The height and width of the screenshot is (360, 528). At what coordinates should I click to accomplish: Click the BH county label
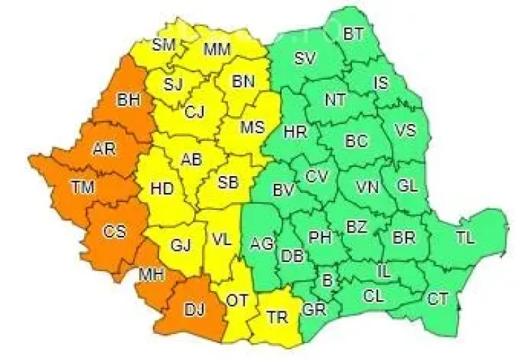pyautogui.click(x=129, y=100)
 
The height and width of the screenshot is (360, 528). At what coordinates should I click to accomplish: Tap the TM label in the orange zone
pyautogui.click(x=83, y=185)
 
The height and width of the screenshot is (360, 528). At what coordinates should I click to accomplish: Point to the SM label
pyautogui.click(x=163, y=44)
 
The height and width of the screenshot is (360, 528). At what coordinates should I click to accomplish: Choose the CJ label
pyautogui.click(x=195, y=111)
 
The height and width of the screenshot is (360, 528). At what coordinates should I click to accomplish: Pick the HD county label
pyautogui.click(x=163, y=188)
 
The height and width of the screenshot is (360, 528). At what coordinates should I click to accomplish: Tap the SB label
pyautogui.click(x=227, y=182)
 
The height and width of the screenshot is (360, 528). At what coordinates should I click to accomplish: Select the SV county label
pyautogui.click(x=305, y=58)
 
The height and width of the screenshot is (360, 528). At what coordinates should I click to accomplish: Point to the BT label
pyautogui.click(x=353, y=33)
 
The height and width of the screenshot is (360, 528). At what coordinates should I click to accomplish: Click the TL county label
pyautogui.click(x=465, y=238)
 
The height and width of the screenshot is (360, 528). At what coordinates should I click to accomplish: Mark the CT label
pyautogui.click(x=438, y=299)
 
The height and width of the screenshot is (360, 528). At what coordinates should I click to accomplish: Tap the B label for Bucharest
pyautogui.click(x=326, y=281)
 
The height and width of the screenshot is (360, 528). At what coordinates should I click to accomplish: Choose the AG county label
pyautogui.click(x=262, y=244)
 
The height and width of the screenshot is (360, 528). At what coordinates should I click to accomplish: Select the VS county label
pyautogui.click(x=405, y=130)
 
